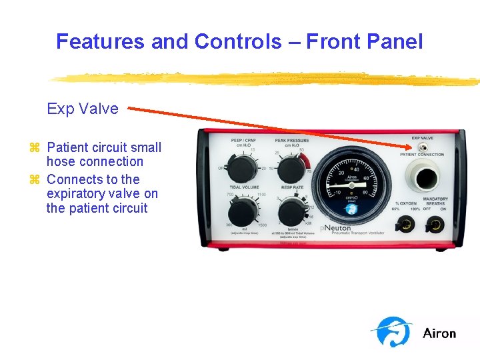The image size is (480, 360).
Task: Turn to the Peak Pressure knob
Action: [291, 168]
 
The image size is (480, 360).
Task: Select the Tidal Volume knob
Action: [241, 212]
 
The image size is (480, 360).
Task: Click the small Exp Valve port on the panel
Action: [422, 147]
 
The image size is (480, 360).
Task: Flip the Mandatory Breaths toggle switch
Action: [435, 225]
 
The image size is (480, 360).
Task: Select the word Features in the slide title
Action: [101, 42]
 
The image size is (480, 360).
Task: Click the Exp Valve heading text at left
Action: [83, 109]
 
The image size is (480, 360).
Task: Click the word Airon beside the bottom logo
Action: [439, 333]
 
